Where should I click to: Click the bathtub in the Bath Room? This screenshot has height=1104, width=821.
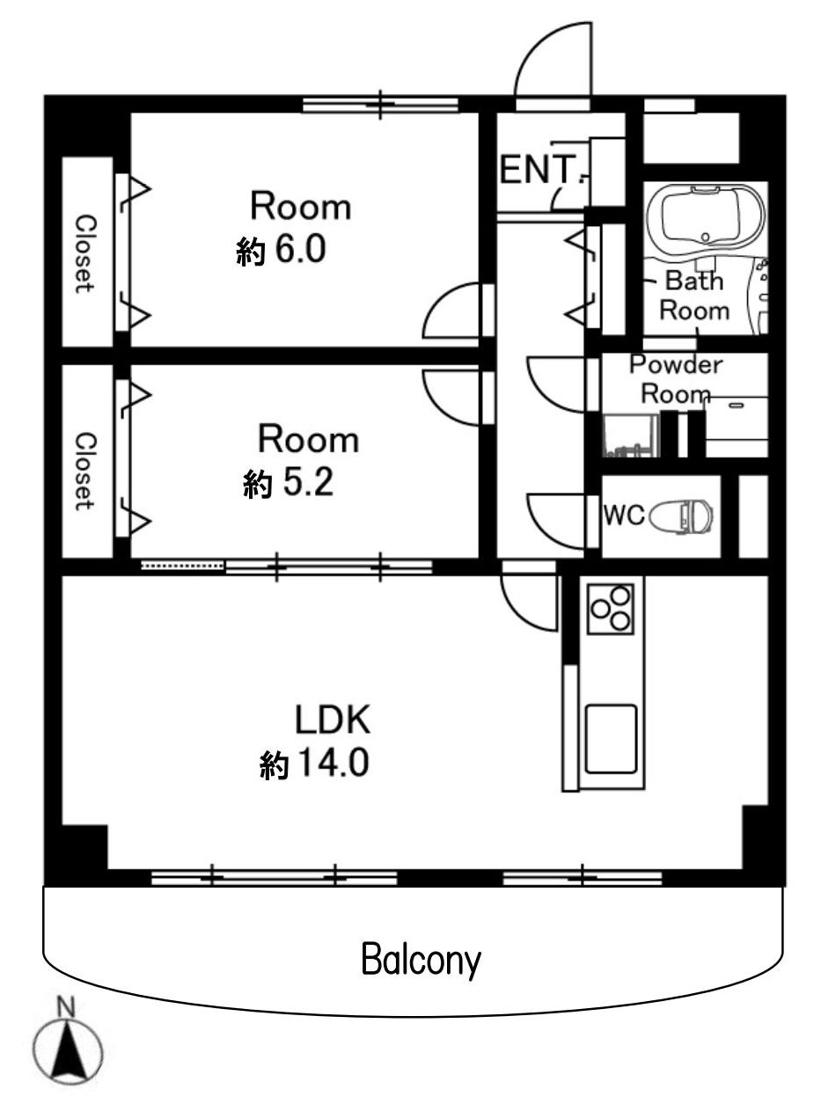coord(704,216)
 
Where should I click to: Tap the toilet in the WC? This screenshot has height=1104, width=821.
coord(682,515)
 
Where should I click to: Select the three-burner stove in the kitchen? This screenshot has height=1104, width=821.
coord(611,609)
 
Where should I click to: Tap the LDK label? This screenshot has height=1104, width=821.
coord(333,720)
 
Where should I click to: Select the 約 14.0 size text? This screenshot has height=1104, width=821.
coord(314,764)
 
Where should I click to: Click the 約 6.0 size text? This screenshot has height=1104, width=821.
coord(282,250)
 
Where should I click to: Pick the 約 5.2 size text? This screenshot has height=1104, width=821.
coord(289,483)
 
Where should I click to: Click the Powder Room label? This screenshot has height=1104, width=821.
coord(676,380)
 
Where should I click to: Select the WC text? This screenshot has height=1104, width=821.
coord(624,515)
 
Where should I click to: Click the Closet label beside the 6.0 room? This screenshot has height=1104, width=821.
coord(84,254)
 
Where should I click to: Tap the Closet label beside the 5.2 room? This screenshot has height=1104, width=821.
coord(84,471)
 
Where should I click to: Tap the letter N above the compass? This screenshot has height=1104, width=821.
coord(65,1007)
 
